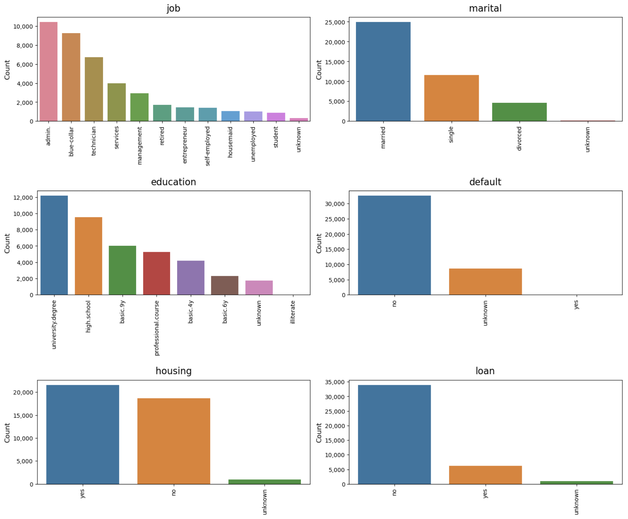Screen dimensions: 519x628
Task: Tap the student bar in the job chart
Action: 276,117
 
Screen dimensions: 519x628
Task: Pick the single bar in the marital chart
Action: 451,98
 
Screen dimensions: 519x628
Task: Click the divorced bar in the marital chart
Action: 519,112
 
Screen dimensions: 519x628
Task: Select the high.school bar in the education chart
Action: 88,256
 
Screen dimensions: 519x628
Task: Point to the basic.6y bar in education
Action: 225,285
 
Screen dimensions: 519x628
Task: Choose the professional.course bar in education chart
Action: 157,273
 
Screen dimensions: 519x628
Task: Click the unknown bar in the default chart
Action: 485,282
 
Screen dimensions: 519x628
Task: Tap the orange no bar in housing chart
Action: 174,441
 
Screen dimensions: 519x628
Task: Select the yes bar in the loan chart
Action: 485,475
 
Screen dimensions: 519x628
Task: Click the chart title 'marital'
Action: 485,8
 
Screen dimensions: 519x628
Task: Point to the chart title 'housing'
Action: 174,371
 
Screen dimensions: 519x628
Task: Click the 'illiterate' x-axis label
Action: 293,312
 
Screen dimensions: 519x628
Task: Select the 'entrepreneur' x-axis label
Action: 185,145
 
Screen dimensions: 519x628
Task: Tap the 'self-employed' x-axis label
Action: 208,146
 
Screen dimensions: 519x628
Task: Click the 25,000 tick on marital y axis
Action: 335,22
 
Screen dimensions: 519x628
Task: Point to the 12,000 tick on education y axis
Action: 23,198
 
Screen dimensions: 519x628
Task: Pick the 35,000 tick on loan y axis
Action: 335,382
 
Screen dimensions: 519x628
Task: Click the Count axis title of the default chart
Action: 319,243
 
